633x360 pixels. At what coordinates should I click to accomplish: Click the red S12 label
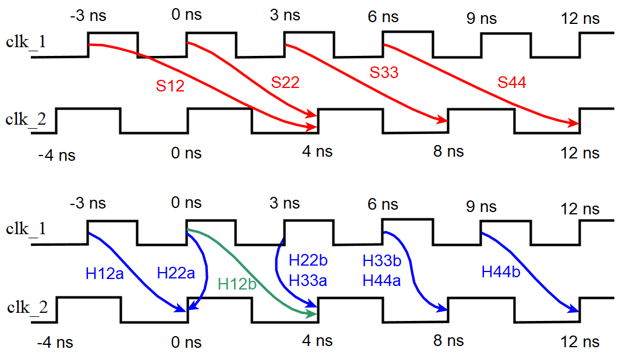point(170,86)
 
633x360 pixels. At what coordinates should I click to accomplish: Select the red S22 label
point(285,83)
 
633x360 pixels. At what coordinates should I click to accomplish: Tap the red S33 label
point(384,73)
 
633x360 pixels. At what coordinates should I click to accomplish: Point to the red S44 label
point(511,83)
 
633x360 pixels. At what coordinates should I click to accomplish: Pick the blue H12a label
point(105,273)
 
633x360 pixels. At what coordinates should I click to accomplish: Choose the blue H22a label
point(176,273)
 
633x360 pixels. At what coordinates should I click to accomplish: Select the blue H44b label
point(501,271)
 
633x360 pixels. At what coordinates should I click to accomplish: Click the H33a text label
point(308,281)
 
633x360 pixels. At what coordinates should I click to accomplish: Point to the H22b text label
point(308,260)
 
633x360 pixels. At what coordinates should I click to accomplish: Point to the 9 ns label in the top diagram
point(482,19)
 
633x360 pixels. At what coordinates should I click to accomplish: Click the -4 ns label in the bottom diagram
point(55,341)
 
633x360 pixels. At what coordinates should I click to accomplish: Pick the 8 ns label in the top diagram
point(448,152)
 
